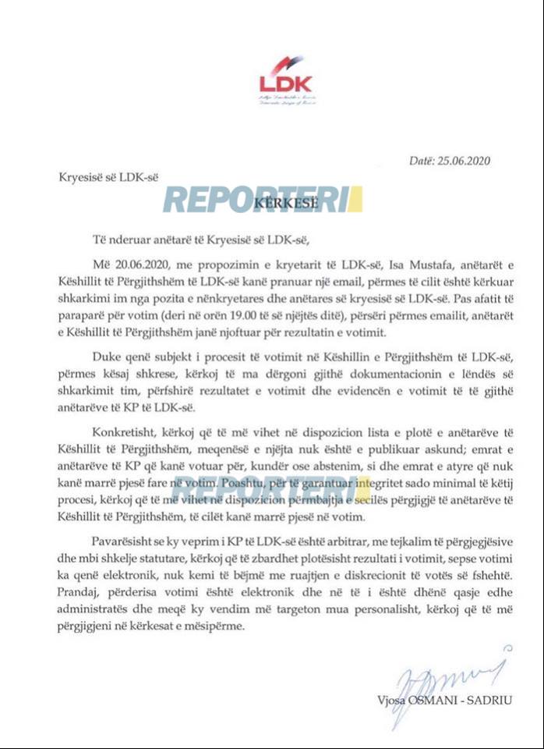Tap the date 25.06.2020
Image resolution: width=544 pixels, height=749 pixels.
point(463,162)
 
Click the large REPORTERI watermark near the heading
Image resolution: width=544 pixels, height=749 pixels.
point(263,200)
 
